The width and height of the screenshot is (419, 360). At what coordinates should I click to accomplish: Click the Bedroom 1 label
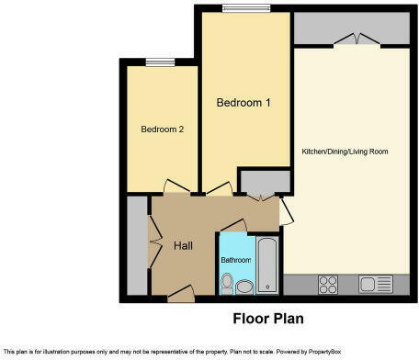pyautogui.click(x=243, y=103)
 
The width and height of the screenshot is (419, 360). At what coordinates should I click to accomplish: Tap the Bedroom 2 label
pyautogui.click(x=163, y=129)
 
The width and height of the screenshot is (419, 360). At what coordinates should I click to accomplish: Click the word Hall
pyautogui.click(x=182, y=246)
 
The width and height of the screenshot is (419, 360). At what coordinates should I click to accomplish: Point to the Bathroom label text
pyautogui.click(x=235, y=260)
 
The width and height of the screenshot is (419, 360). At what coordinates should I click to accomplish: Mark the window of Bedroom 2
pyautogui.click(x=160, y=62)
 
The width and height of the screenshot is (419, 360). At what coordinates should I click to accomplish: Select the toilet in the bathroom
pyautogui.click(x=226, y=287)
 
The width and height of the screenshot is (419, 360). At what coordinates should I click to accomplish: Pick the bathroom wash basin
pyautogui.click(x=244, y=287)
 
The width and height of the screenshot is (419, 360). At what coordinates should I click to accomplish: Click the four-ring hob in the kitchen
pyautogui.click(x=327, y=284)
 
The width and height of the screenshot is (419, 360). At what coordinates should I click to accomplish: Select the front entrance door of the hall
pyautogui.click(x=181, y=293)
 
